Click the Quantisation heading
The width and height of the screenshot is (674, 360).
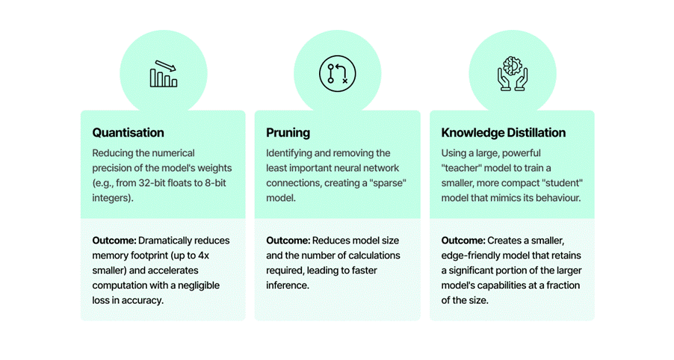(x=128, y=133)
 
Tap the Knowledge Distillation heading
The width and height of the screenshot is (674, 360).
(x=503, y=133)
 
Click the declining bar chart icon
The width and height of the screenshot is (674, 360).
(x=163, y=74)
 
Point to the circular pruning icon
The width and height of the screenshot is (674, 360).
(x=337, y=74)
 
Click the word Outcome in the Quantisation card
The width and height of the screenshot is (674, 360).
(x=114, y=240)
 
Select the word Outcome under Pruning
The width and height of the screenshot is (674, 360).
(x=288, y=240)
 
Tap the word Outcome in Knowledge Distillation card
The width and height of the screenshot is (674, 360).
(x=463, y=240)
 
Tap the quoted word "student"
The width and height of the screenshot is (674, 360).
(x=567, y=183)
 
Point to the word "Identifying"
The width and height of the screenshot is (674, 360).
(x=290, y=153)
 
